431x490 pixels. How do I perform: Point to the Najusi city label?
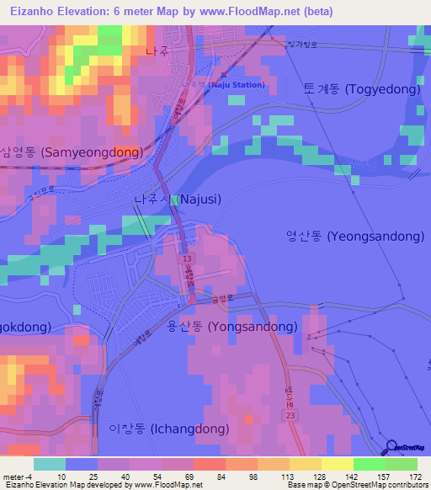coord(178,200)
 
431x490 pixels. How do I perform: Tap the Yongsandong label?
coord(228,326)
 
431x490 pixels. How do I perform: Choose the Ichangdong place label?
coord(169,429)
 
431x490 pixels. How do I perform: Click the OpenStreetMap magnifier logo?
coord(391,447)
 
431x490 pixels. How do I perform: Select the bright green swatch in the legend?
coord(370,464)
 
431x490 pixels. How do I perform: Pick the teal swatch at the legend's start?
coord(49,464)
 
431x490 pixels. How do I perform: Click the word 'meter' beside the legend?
coord(14,477)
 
